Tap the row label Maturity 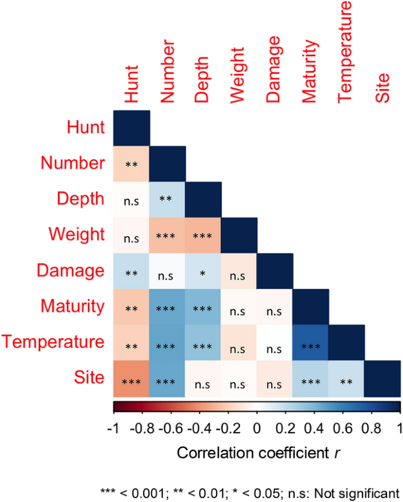74,306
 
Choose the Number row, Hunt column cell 132,163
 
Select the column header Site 383,89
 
